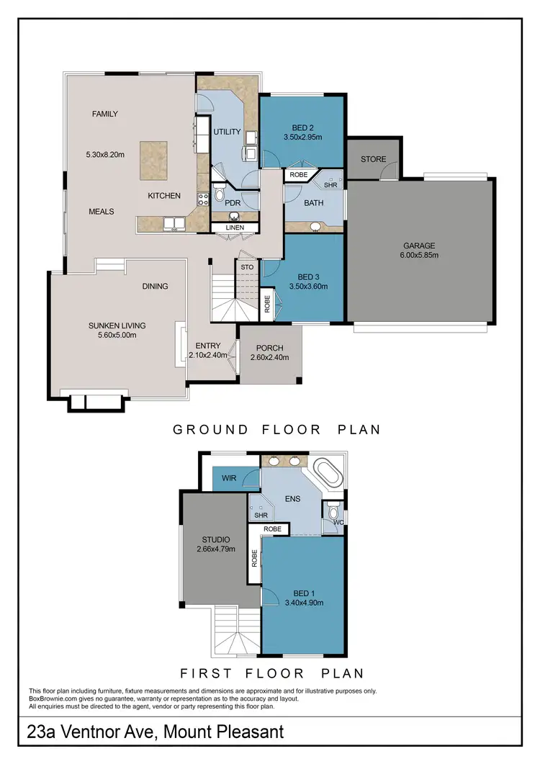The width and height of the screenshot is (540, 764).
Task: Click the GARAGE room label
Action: tap(419, 245)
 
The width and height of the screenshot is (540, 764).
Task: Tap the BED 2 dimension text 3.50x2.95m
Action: tap(302, 137)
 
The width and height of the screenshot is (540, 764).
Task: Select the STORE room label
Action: tap(373, 159)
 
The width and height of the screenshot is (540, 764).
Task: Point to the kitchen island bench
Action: tap(157, 158)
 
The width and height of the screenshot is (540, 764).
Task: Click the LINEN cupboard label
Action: tap(235, 228)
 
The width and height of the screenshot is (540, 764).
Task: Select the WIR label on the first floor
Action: tap(230, 478)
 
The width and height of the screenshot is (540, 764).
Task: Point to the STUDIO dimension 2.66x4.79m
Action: tap(216, 549)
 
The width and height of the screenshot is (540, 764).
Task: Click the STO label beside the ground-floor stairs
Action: tap(247, 267)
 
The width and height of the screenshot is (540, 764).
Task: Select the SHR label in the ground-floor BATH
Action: tap(330, 184)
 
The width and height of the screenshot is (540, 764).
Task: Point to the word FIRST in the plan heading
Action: tap(204, 674)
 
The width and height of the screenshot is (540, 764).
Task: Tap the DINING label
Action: tap(155, 286)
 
